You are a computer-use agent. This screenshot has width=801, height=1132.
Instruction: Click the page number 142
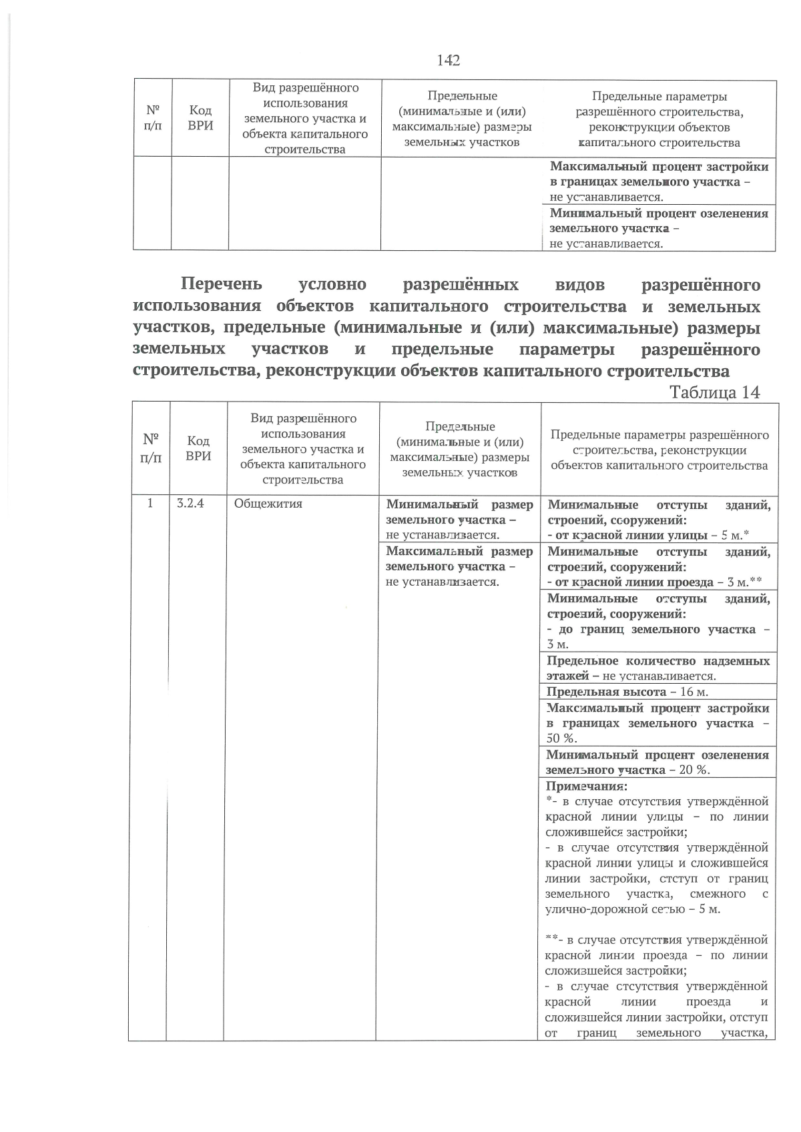click(x=449, y=61)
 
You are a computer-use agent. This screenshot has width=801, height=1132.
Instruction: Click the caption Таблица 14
click(x=714, y=392)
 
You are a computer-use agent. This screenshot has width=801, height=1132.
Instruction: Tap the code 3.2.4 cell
click(x=190, y=504)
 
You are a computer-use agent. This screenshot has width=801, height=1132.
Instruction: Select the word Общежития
click(x=268, y=504)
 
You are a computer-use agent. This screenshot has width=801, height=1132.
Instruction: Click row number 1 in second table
click(x=151, y=504)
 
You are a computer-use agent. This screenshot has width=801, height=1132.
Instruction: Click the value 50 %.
click(x=561, y=738)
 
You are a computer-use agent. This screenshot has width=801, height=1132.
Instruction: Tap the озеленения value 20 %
click(x=694, y=770)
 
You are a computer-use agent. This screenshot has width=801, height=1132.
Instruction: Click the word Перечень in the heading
click(x=221, y=285)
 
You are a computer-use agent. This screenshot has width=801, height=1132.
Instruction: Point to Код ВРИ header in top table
click(x=200, y=119)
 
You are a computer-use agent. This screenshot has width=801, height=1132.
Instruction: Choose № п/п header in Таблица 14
click(x=151, y=448)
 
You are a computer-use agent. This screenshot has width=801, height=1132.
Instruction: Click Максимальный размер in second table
click(x=459, y=552)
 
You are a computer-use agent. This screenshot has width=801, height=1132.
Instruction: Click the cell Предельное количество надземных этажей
click(x=657, y=668)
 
